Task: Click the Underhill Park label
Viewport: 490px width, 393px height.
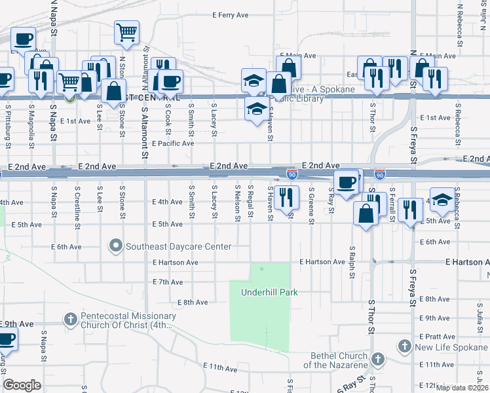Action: click(x=269, y=292)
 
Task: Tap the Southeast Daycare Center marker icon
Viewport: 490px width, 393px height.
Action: click(x=116, y=246)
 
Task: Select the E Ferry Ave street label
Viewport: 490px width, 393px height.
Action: click(x=231, y=14)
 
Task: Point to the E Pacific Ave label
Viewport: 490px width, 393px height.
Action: click(x=173, y=143)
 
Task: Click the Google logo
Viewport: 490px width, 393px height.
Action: click(x=22, y=385)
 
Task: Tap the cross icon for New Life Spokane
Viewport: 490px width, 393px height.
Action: click(x=404, y=345)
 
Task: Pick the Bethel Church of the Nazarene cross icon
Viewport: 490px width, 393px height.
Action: click(x=378, y=359)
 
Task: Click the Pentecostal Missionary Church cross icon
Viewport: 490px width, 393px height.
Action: click(x=70, y=320)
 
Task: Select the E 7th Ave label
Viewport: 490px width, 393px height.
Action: click(x=167, y=282)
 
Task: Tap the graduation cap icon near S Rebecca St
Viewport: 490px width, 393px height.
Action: click(x=442, y=201)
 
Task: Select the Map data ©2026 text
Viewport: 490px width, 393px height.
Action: click(x=462, y=388)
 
